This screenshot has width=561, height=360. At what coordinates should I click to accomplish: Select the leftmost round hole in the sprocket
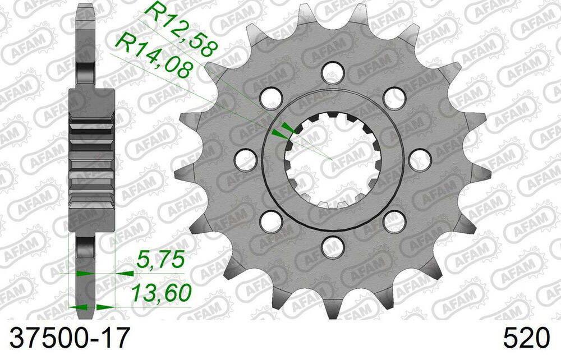245,159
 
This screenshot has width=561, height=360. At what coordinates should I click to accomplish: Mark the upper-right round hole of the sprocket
394,97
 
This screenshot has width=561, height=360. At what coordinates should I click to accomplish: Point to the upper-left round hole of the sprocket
272,96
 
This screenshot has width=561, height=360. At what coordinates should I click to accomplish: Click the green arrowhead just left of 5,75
125,274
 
